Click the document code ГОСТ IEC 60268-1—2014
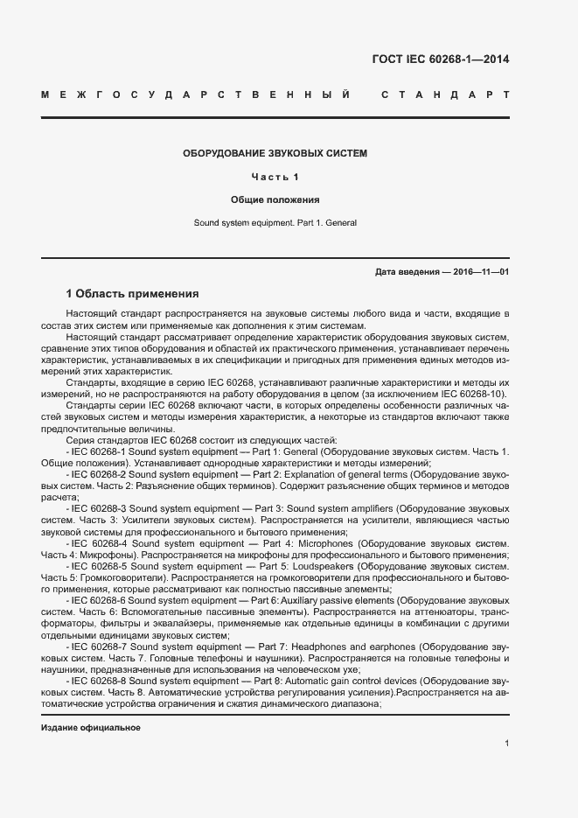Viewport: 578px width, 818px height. point(441,59)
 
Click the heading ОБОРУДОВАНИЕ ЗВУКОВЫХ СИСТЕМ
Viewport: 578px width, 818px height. point(275,153)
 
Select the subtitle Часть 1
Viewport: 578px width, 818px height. point(275,177)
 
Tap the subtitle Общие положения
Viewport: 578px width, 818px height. point(275,199)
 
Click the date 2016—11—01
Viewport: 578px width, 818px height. point(481,272)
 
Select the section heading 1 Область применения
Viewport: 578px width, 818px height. point(132,293)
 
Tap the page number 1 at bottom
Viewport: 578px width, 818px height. point(507,744)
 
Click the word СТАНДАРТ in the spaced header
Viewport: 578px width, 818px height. point(445,94)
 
